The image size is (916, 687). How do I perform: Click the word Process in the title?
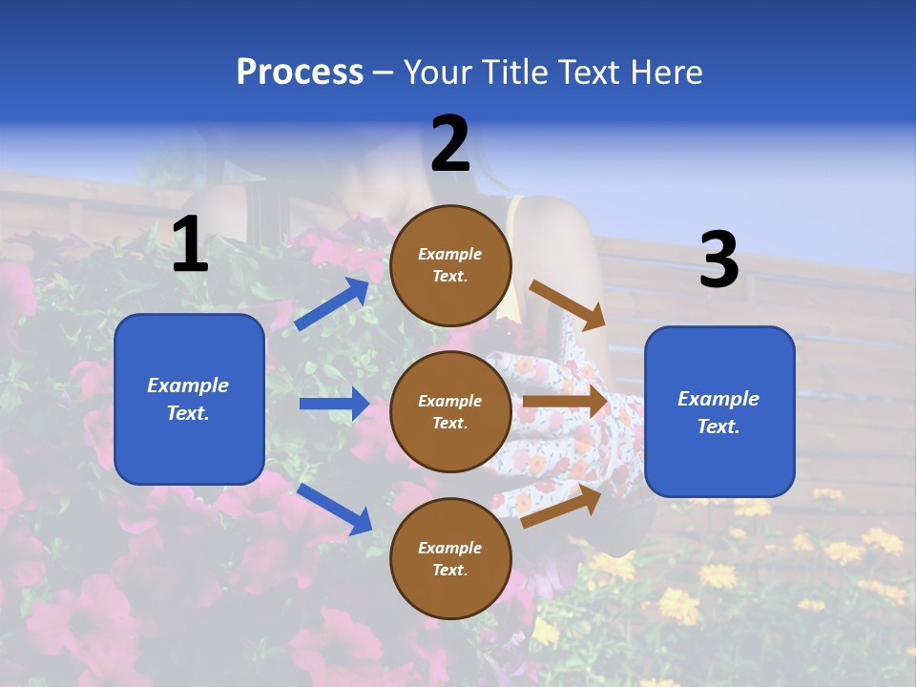click(x=300, y=73)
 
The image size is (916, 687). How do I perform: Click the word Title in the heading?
click(x=515, y=73)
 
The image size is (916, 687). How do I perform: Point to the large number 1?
click(x=190, y=244)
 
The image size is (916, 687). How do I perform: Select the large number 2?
click(x=450, y=144)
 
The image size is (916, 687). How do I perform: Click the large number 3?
click(x=718, y=260)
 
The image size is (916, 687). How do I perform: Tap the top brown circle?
click(x=450, y=265)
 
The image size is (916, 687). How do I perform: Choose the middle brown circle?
click(x=450, y=412)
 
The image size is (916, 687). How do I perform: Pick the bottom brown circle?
click(x=450, y=559)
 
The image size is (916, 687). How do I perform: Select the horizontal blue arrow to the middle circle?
click(x=334, y=404)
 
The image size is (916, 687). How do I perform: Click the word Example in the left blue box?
click(x=188, y=385)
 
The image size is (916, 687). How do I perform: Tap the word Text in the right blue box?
click(x=718, y=427)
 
